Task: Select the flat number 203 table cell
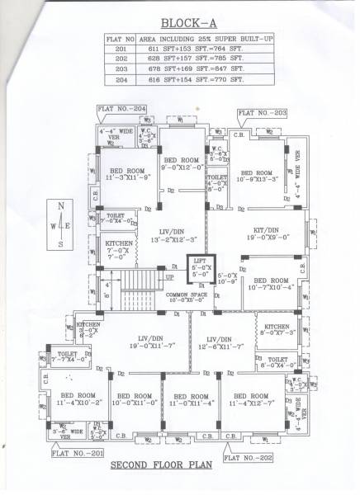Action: (x=121, y=70)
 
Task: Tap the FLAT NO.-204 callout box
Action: (x=121, y=109)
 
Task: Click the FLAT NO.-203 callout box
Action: (x=263, y=111)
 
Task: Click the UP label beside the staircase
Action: (x=171, y=277)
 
